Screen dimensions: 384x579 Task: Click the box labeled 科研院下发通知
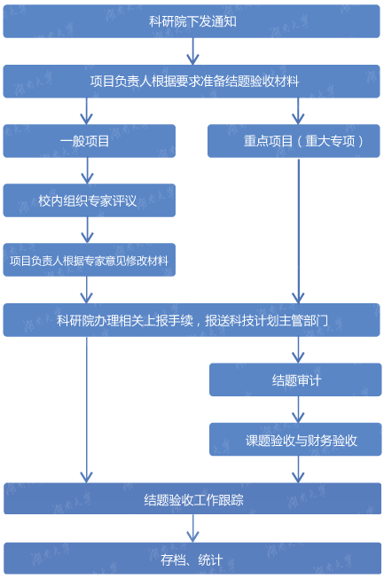[192, 21]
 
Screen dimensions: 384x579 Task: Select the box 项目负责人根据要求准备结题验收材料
[192, 82]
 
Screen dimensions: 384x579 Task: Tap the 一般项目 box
[90, 141]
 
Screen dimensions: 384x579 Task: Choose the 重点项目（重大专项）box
[294, 141]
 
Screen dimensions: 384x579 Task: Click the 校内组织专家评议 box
[90, 200]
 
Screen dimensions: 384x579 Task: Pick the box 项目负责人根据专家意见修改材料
[90, 260]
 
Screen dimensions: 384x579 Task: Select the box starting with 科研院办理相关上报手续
[192, 320]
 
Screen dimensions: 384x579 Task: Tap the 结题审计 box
[295, 379]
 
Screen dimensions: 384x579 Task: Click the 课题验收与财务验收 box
[295, 440]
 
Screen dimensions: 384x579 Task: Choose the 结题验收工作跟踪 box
[192, 498]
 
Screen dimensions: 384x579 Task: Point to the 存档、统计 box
[192, 559]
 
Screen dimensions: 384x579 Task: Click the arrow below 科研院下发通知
[192, 51]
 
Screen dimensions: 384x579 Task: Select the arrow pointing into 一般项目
[86, 111]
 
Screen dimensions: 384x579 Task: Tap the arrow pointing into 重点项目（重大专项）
[298, 111]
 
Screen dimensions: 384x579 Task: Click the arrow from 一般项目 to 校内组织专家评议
[87, 170]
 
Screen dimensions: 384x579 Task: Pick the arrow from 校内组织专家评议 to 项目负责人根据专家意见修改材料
[87, 230]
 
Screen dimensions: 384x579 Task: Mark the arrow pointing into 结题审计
[298, 350]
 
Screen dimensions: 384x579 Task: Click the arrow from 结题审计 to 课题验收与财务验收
[298, 410]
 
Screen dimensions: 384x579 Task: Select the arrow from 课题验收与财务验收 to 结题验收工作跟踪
[298, 469]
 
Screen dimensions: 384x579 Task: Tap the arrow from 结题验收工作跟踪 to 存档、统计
[192, 528]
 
